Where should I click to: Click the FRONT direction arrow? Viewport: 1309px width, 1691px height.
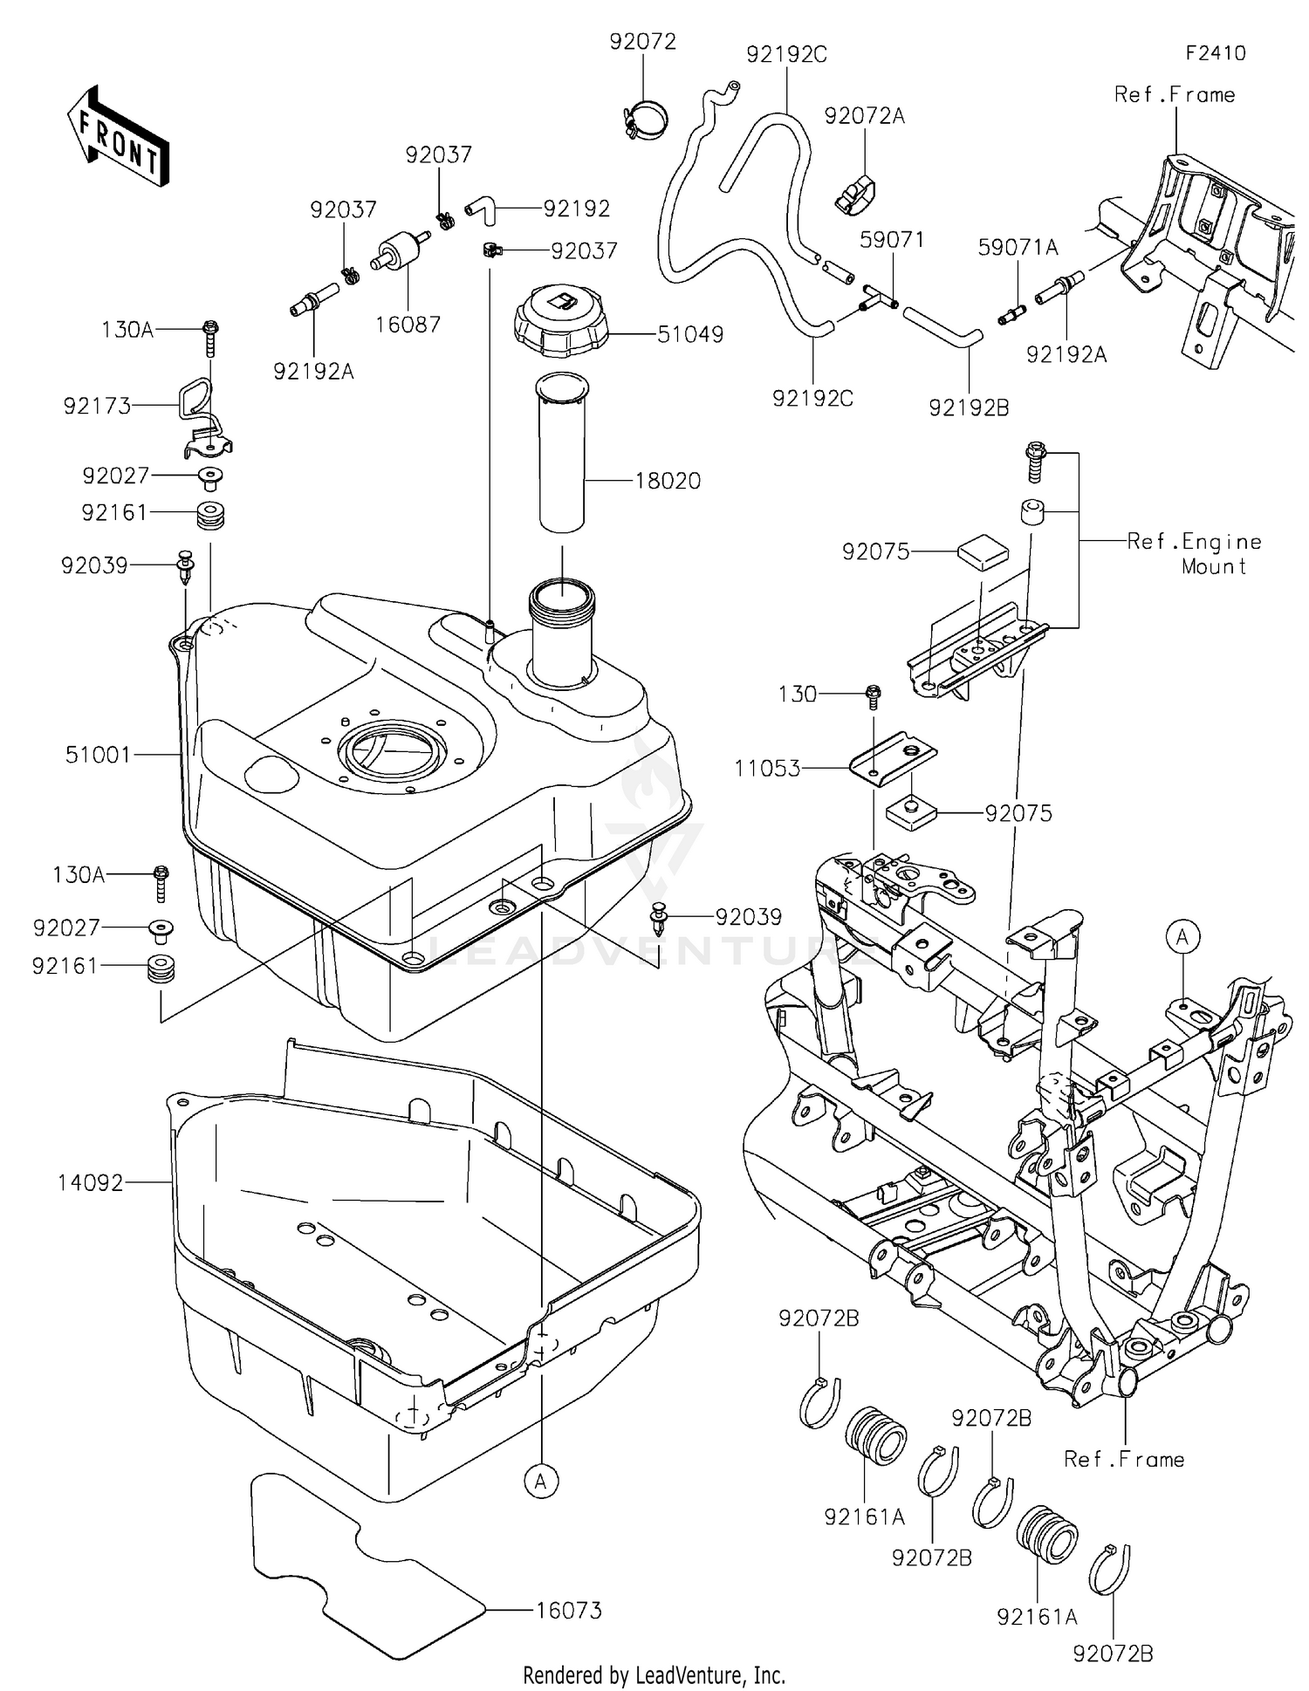(118, 136)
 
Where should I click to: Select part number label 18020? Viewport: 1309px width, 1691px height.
(668, 481)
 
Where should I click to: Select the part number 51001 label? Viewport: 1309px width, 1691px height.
(98, 755)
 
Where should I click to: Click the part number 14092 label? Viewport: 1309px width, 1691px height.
(91, 1183)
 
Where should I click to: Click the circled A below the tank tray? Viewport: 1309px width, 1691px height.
(541, 1481)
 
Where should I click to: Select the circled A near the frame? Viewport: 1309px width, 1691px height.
(1182, 937)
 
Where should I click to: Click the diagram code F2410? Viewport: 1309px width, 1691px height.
(1215, 53)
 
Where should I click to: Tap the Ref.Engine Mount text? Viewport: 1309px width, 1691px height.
(1194, 553)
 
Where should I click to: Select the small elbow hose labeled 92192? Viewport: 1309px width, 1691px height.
(479, 207)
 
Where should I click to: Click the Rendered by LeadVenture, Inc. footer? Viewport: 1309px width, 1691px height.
(654, 1674)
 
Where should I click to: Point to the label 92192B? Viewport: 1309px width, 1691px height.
(969, 407)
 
